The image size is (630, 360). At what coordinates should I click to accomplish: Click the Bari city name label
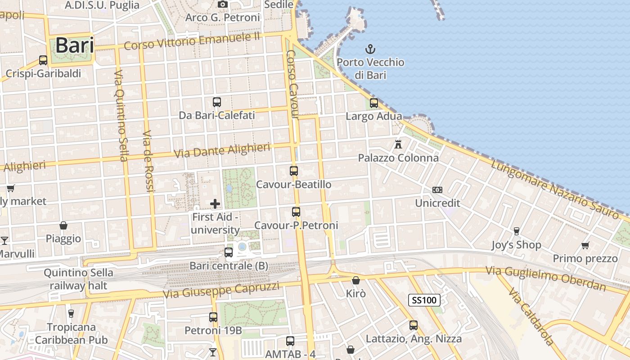point(75,45)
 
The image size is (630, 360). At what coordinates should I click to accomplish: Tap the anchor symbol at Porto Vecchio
point(370,49)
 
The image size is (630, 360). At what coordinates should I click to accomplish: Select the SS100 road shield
point(424,300)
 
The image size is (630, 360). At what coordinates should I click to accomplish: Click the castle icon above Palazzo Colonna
point(398,144)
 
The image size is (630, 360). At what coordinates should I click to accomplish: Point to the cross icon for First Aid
point(215,204)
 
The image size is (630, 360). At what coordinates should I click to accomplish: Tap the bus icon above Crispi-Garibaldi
point(43,60)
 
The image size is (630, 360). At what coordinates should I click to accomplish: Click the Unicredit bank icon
point(437,190)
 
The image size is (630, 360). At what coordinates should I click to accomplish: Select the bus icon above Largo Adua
point(374,103)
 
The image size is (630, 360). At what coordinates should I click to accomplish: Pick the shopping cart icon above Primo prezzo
point(585,245)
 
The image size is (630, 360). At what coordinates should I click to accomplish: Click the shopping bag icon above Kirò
point(356,280)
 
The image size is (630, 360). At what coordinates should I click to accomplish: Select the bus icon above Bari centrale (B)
point(229,252)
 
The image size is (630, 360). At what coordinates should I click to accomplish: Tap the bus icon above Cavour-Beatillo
point(294,171)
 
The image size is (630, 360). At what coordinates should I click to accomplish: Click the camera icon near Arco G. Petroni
point(223,4)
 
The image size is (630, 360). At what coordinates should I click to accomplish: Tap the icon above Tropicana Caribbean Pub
point(71,313)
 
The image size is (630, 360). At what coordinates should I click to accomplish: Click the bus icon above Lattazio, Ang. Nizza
point(414,325)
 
